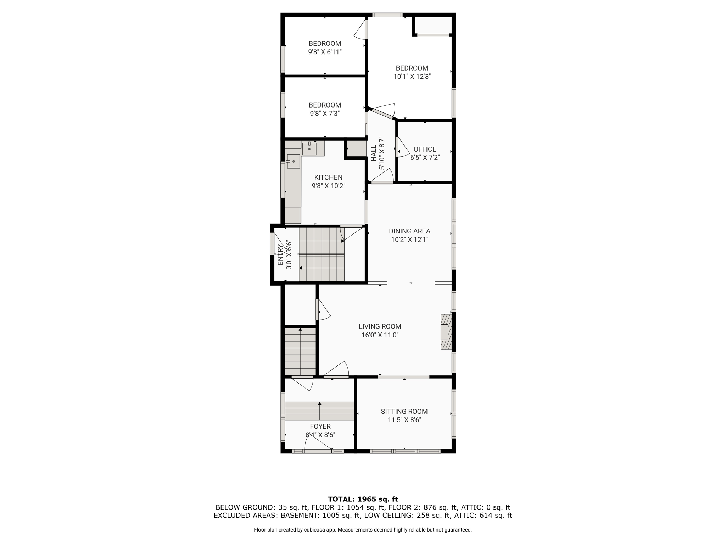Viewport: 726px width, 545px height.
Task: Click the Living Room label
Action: click(380, 326)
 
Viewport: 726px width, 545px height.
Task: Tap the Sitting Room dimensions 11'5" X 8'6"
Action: click(404, 420)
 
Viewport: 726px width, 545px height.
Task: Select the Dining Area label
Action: click(409, 231)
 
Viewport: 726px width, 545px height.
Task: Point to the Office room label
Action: click(425, 149)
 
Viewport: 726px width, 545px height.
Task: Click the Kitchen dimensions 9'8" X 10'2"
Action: click(328, 186)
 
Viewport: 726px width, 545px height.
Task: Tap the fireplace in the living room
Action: click(446, 332)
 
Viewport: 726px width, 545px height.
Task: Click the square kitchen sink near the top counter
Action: click(309, 149)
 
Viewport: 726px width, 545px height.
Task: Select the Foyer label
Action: click(320, 426)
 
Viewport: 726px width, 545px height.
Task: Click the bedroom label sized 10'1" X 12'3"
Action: click(412, 68)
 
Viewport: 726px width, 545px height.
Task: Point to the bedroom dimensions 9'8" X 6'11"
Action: click(325, 52)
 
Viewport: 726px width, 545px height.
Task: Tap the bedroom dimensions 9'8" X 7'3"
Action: click(325, 114)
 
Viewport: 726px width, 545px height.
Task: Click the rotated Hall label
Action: click(374, 153)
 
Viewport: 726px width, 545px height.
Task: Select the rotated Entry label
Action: click(280, 255)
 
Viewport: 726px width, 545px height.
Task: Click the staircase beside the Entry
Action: click(322, 254)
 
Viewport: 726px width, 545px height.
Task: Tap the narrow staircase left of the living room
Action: click(300, 351)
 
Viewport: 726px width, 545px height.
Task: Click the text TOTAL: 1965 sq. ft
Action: click(363, 499)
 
